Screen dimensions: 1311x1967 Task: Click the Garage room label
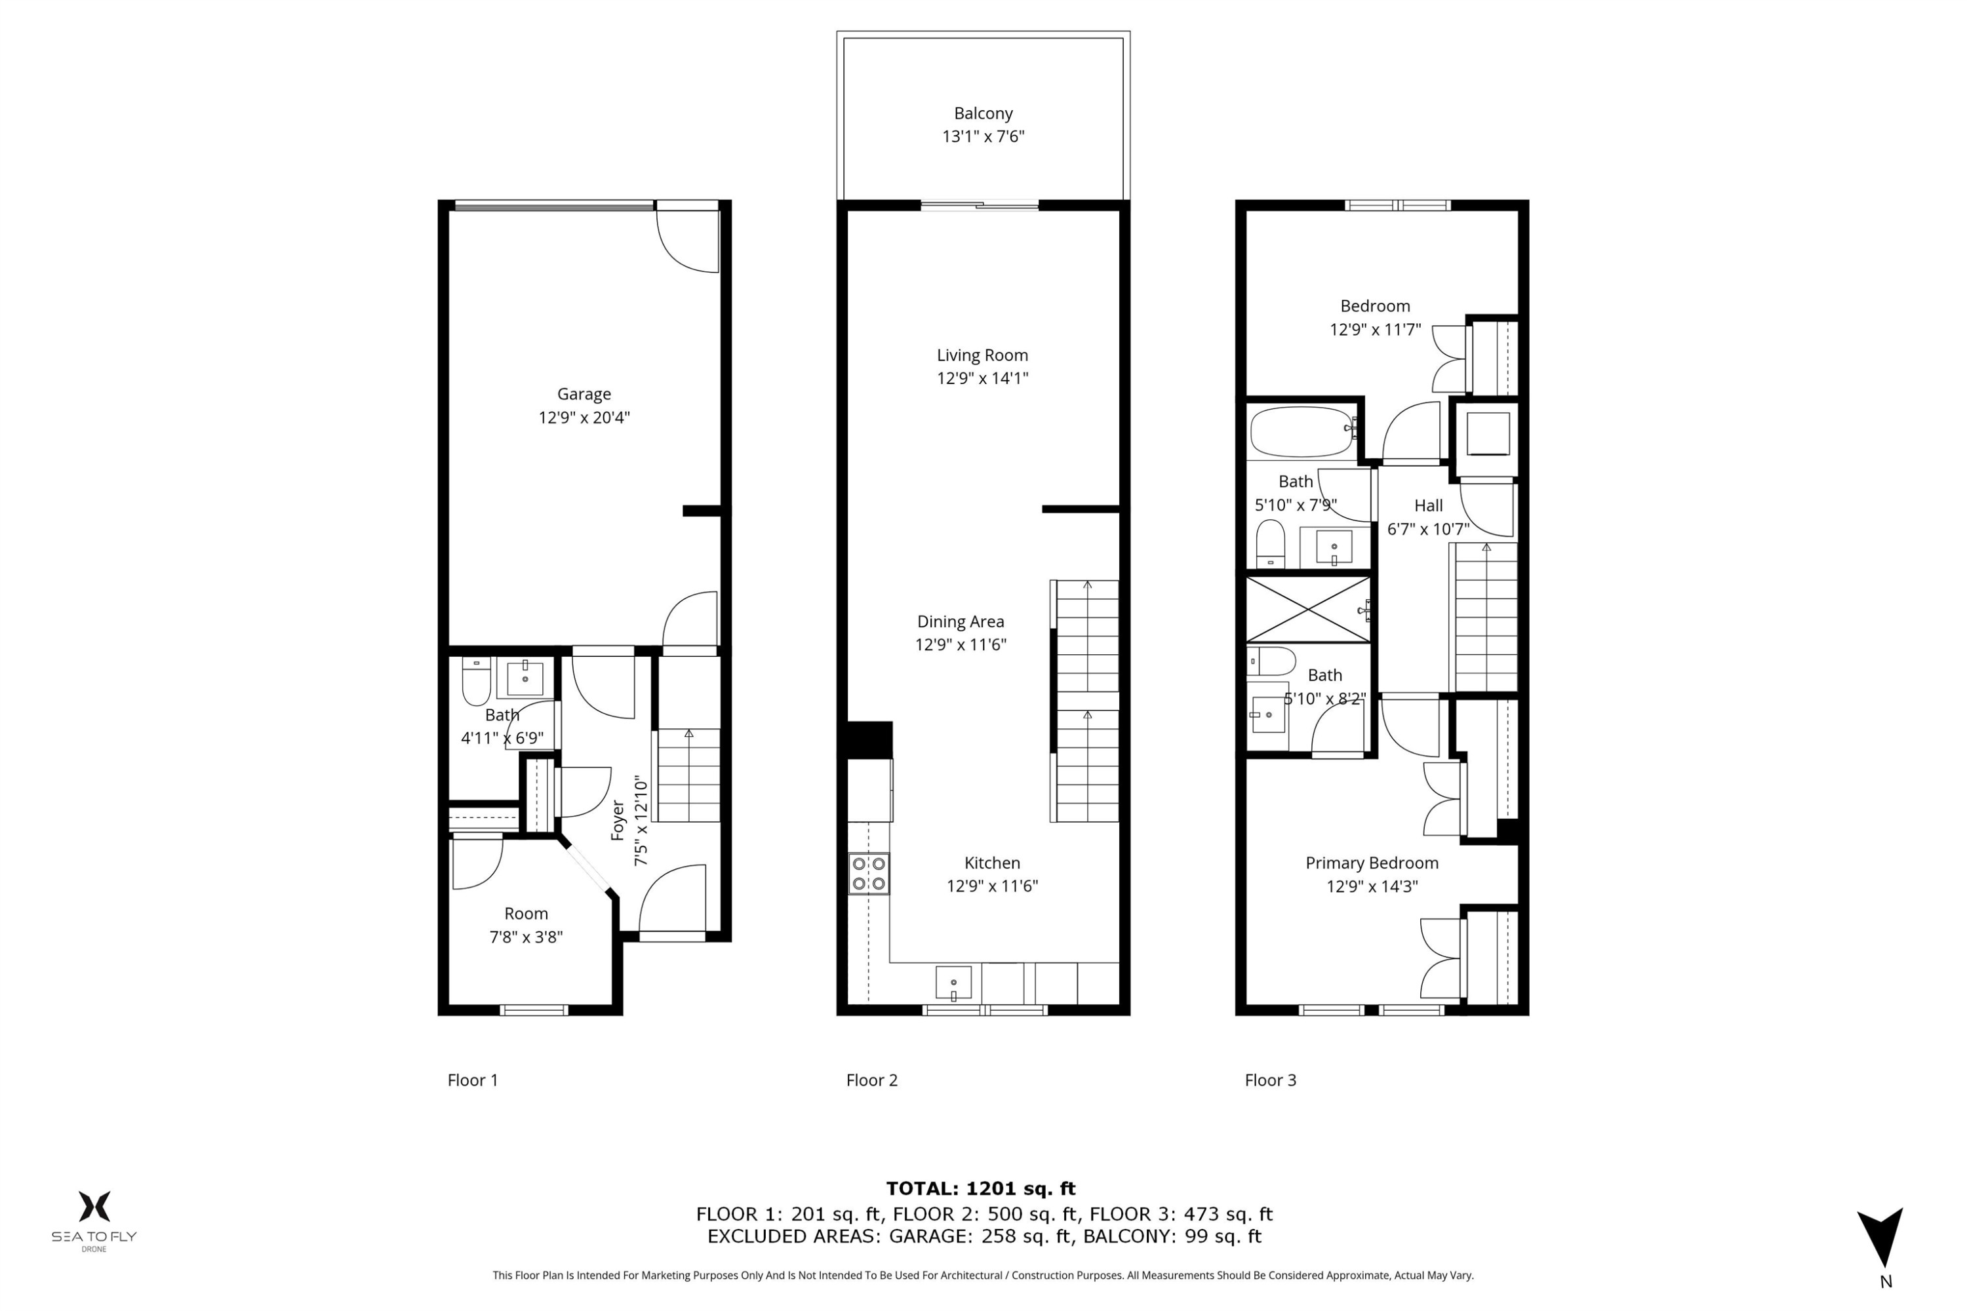(584, 394)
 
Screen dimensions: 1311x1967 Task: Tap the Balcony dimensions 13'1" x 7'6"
(983, 136)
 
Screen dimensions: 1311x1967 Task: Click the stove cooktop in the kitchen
(869, 873)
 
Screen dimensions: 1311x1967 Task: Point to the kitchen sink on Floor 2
(953, 983)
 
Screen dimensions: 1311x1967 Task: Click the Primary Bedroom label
(1372, 863)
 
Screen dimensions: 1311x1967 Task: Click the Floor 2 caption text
(871, 1080)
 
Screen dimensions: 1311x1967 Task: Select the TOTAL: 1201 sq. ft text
(980, 1188)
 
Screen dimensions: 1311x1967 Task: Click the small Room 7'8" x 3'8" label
(526, 926)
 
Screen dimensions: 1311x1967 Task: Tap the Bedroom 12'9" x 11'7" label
(1375, 318)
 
